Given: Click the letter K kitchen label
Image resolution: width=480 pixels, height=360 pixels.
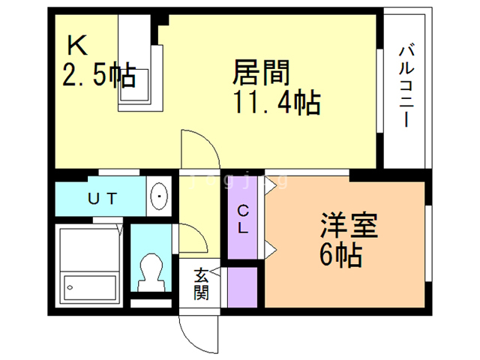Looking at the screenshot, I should coord(77,46).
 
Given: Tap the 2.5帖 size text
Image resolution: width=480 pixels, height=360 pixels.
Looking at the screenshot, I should coord(97,74).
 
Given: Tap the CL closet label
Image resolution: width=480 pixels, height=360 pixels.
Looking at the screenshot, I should coord(244,218).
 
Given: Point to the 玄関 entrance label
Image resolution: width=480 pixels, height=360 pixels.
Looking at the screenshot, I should coord(201,285).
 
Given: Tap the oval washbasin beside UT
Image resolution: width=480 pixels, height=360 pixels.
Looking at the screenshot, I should coord(160,198).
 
